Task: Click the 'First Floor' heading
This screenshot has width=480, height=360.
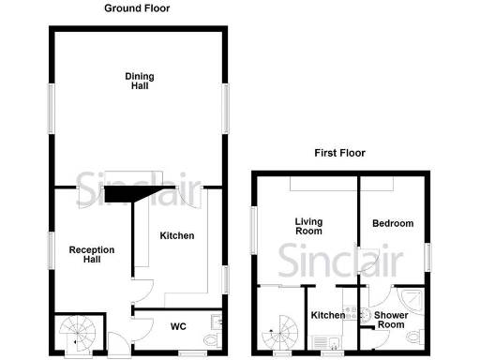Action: coord(340,153)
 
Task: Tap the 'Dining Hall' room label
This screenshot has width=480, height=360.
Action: coord(139,81)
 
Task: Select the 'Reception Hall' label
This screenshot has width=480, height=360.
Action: coord(92,255)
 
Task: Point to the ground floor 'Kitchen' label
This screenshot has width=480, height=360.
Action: coord(176,236)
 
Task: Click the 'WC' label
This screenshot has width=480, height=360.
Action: coord(177,327)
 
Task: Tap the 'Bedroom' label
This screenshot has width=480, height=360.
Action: coord(393,223)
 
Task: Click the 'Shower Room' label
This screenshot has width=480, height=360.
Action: coord(392,321)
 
